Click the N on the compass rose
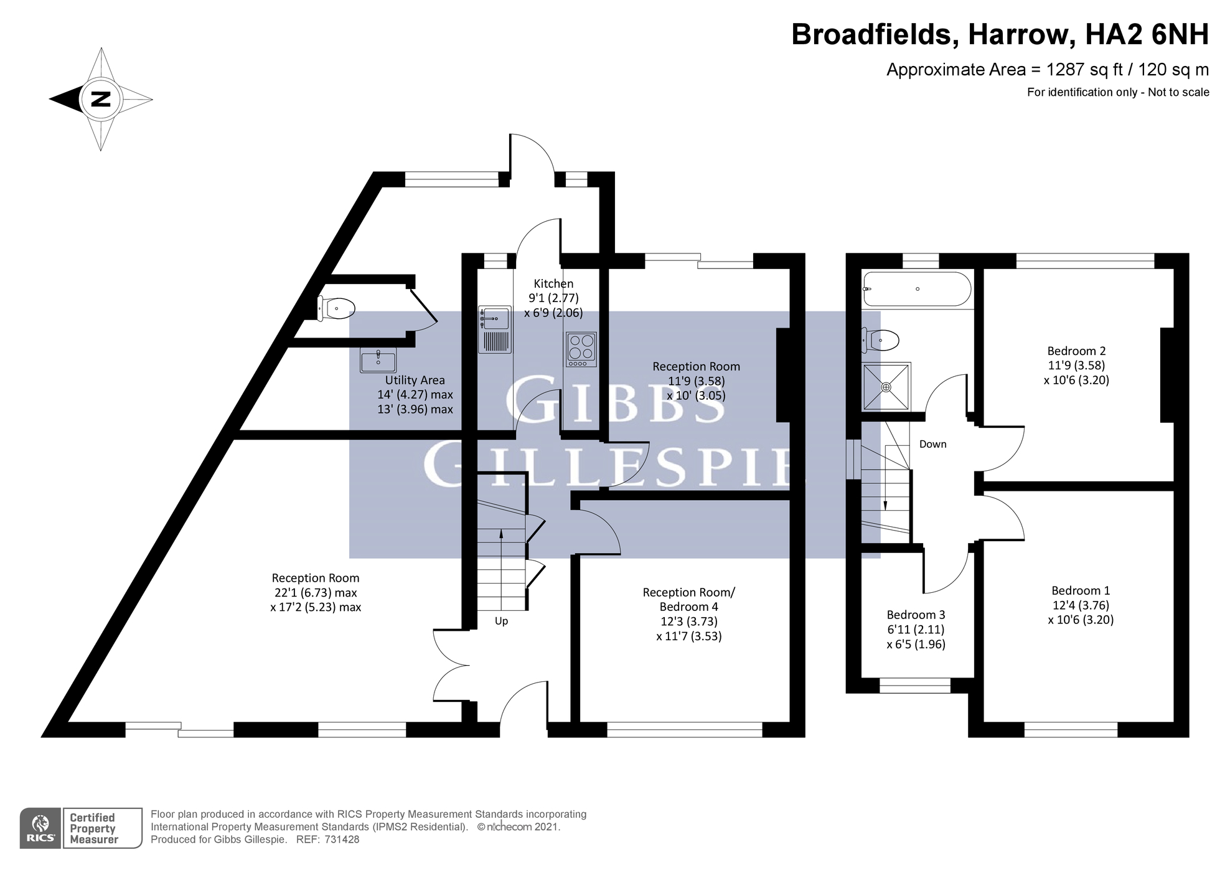pos(101,99)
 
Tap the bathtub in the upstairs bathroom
pos(916,289)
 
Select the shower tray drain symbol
pos(886,387)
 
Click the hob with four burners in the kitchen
pos(581,349)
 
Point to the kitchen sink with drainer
pos(495,329)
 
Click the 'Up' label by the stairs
pos(501,621)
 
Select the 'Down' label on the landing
pos(932,444)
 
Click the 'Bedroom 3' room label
pos(916,615)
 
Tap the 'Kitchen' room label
pos(553,283)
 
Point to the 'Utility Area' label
pos(415,380)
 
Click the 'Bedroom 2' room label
pos(1076,351)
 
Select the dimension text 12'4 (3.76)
pos(1081,605)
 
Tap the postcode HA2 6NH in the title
pos(1147,34)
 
